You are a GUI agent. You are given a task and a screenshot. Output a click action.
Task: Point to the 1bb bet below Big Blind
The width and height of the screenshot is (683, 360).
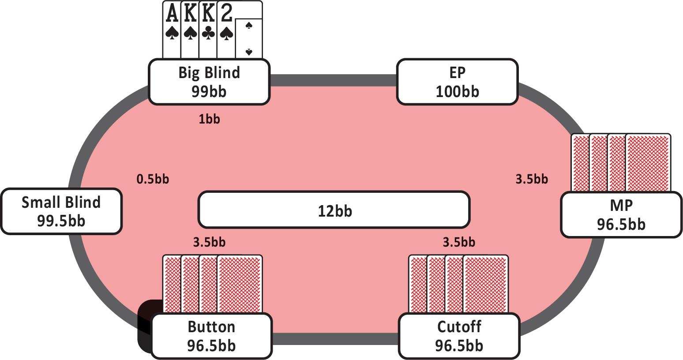pyautogui.click(x=209, y=119)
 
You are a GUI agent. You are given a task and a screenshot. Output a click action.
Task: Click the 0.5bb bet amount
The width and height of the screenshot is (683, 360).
pyautogui.click(x=153, y=179)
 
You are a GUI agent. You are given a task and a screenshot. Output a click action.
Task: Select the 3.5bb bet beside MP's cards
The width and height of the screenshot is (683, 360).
pyautogui.click(x=532, y=179)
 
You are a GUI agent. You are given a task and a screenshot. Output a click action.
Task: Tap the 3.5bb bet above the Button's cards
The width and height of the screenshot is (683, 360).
pyautogui.click(x=209, y=242)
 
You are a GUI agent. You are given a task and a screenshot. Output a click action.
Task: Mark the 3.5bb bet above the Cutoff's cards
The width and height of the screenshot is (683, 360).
pyautogui.click(x=459, y=242)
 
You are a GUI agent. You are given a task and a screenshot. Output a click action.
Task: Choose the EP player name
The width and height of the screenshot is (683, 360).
pyautogui.click(x=457, y=72)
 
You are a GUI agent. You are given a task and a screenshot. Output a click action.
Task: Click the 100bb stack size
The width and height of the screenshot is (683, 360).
pyautogui.click(x=457, y=91)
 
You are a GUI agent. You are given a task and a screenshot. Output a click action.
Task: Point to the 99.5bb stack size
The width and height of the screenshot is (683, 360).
pyautogui.click(x=61, y=221)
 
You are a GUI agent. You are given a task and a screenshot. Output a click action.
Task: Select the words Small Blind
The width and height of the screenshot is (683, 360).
pyautogui.click(x=61, y=202)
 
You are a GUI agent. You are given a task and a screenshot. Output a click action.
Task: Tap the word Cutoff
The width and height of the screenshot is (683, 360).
pyautogui.click(x=459, y=326)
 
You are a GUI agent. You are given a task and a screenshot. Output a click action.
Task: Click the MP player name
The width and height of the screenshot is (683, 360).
pyautogui.click(x=621, y=205)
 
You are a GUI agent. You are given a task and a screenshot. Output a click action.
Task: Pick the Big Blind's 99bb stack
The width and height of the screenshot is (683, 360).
pyautogui.click(x=209, y=91)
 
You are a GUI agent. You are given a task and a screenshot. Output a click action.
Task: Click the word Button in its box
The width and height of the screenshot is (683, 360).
pyautogui.click(x=211, y=326)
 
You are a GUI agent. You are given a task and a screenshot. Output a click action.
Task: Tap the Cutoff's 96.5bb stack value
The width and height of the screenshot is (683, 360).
pyautogui.click(x=459, y=345)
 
